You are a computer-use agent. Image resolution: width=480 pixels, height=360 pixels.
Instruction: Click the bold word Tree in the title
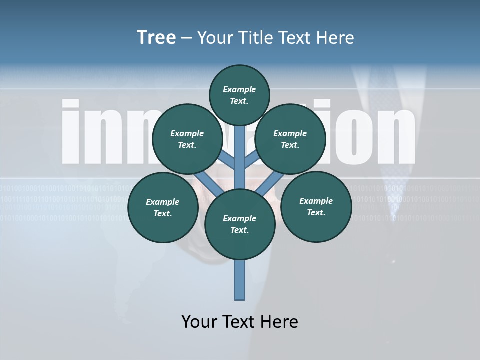[x=156, y=38]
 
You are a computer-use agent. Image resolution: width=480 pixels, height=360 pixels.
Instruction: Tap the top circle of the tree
[x=239, y=95]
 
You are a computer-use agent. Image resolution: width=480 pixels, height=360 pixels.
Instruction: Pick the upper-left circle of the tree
[x=187, y=139]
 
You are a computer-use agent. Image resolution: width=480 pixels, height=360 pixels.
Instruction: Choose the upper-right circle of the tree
[x=290, y=139]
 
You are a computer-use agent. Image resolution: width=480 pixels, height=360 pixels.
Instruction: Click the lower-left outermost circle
[x=162, y=208]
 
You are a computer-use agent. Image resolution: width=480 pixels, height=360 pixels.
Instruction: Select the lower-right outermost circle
[x=316, y=207]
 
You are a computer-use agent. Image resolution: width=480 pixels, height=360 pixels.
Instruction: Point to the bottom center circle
[x=239, y=224]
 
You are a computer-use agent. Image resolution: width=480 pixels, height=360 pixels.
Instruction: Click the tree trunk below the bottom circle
[x=240, y=280]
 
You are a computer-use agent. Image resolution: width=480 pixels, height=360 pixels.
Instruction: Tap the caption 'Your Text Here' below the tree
[x=240, y=322]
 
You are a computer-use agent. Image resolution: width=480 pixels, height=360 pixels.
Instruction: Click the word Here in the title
[x=336, y=38]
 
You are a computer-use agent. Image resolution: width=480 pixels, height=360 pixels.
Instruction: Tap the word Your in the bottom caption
[x=200, y=322]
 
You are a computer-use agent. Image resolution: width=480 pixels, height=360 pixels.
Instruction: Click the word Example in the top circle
[x=239, y=89]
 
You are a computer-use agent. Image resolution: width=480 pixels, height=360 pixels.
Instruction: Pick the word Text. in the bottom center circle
[x=239, y=230]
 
